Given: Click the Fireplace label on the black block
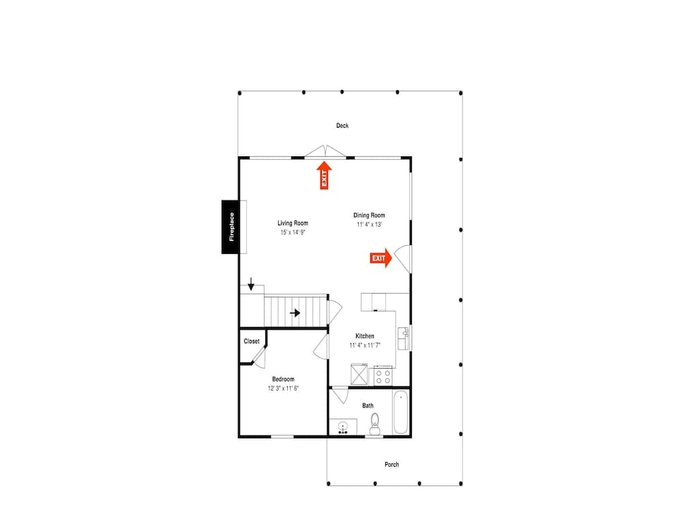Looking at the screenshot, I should (x=232, y=227).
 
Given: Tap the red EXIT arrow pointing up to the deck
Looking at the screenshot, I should (x=324, y=175).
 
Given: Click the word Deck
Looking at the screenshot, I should (x=342, y=126).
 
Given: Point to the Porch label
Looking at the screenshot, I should (x=391, y=465).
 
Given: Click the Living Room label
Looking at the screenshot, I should (x=293, y=223).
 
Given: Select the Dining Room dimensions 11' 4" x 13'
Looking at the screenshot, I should (x=369, y=225).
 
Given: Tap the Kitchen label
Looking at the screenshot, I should (x=365, y=336).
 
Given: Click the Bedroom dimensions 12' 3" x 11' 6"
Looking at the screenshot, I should (x=283, y=388).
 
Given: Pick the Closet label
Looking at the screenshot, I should (x=252, y=341).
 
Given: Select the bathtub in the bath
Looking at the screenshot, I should (x=400, y=412).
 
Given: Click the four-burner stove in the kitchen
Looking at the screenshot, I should (x=383, y=375).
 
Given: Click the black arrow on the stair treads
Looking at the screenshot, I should (x=295, y=313).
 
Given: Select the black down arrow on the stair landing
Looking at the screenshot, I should (x=251, y=283).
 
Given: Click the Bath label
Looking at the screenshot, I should (x=368, y=406).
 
